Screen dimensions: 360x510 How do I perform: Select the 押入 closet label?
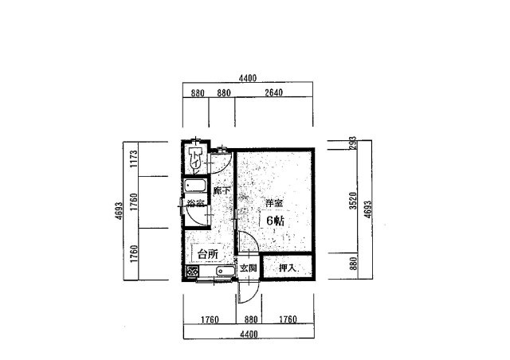tap(288, 269)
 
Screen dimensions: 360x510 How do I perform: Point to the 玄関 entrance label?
tap(248, 269)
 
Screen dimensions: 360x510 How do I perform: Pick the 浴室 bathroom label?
tap(195, 204)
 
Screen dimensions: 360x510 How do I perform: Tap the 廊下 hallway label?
tap(222, 191)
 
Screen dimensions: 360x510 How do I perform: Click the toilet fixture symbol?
tap(194, 158)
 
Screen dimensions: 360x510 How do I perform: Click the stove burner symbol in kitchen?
tap(192, 272)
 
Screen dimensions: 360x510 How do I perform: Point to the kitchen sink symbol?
tap(225, 273)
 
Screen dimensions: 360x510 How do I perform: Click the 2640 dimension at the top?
tap(274, 93)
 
